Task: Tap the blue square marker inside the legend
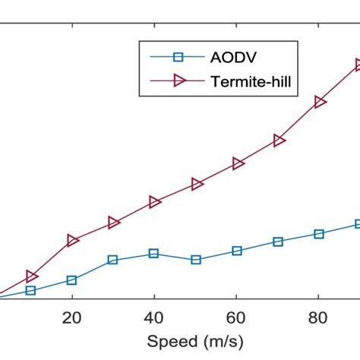tap(179, 57)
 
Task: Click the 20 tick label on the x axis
tap(72, 317)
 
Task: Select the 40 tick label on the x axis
tap(154, 317)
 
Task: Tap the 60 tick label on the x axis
tap(236, 317)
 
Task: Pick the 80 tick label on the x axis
tap(318, 317)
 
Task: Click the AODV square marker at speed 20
tap(72, 280)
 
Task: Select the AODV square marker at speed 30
tap(113, 260)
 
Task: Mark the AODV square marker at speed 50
tap(196, 260)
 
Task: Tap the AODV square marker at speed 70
tap(278, 242)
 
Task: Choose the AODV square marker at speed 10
tap(31, 290)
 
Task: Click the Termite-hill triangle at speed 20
tap(73, 240)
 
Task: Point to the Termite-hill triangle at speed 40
tap(155, 202)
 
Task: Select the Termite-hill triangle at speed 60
tap(238, 163)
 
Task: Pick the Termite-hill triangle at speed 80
tap(320, 102)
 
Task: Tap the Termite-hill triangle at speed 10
tap(32, 276)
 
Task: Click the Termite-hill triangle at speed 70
tap(279, 141)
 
